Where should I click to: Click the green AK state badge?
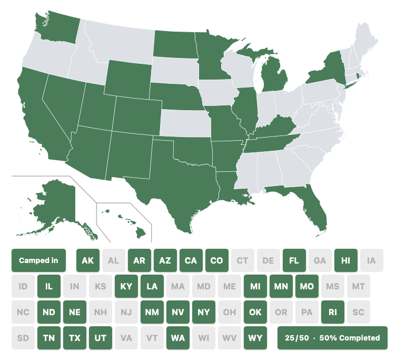(x=88, y=260)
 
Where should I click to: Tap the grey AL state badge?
(x=114, y=260)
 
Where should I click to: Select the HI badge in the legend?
(x=346, y=260)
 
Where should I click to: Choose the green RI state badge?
(x=333, y=312)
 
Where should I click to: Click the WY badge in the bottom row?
(x=255, y=338)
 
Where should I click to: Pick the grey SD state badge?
(x=23, y=338)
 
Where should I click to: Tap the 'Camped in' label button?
(x=38, y=260)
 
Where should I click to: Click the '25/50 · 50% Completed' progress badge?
(x=332, y=338)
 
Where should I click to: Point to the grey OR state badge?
(x=281, y=312)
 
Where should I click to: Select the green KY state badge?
(x=126, y=286)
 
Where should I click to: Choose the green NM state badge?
(x=152, y=312)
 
